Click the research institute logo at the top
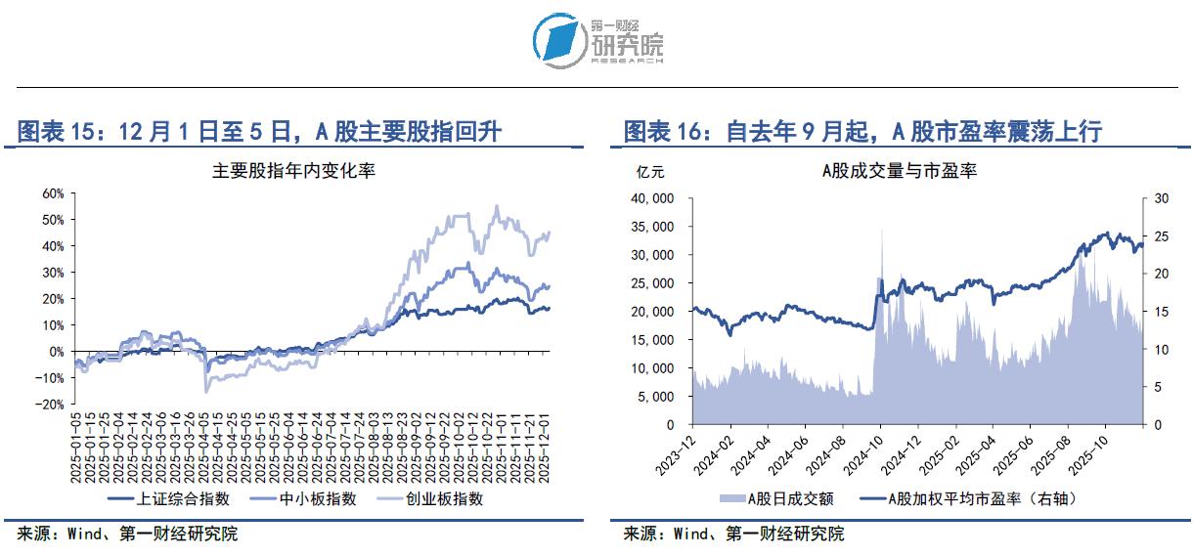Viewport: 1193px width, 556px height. point(597,41)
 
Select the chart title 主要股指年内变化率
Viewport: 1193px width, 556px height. point(294,171)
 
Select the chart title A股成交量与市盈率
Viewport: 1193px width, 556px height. point(899,171)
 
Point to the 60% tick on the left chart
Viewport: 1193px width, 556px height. point(52,193)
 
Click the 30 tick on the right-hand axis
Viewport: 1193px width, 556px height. point(1161,198)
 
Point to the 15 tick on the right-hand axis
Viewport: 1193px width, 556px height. point(1161,312)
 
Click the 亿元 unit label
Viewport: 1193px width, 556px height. point(650,172)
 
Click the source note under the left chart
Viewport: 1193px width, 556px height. point(127,535)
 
